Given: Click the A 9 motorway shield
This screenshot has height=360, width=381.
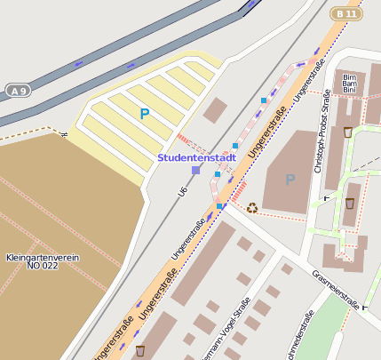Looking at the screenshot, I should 17,91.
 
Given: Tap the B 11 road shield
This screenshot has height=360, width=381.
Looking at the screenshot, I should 346,13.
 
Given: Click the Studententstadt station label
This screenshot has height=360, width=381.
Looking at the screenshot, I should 196,157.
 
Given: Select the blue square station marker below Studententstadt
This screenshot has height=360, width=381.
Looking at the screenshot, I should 195,170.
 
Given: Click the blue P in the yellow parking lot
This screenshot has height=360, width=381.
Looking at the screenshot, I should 144,113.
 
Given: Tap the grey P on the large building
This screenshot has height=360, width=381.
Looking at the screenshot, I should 290,179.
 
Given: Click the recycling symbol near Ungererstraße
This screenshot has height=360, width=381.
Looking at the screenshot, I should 252,208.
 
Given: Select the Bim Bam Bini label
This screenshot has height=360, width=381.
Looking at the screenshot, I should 348,83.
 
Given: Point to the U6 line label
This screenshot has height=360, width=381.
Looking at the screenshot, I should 183,190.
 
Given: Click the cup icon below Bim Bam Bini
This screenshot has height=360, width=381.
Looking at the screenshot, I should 348,132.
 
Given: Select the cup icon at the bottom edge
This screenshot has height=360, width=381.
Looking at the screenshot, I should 139,351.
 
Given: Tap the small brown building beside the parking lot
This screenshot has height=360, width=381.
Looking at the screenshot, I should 215,110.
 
